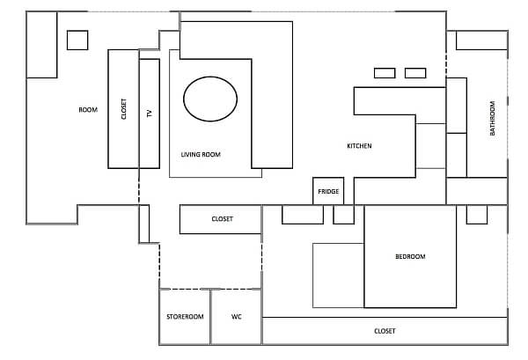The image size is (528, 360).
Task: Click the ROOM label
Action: click(x=88, y=110)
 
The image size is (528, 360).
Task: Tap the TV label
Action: click(x=150, y=114)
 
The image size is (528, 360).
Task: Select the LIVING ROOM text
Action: click(x=201, y=155)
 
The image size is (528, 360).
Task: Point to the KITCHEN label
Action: click(x=359, y=146)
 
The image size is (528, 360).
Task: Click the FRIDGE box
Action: click(x=328, y=191)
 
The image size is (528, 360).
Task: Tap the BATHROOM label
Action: click(x=492, y=118)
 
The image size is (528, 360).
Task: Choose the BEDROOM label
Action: click(x=410, y=257)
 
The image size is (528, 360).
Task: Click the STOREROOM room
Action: click(x=185, y=317)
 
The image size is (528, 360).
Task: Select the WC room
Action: click(x=237, y=317)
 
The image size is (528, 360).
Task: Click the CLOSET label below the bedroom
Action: click(x=385, y=331)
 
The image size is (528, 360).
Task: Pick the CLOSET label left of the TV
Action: click(x=123, y=109)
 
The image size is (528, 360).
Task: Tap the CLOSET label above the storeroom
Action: click(x=223, y=219)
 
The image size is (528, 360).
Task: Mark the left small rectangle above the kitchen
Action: click(x=385, y=73)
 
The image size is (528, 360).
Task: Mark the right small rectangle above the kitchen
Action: click(x=415, y=73)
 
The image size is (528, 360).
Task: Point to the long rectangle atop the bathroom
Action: click(x=482, y=40)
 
